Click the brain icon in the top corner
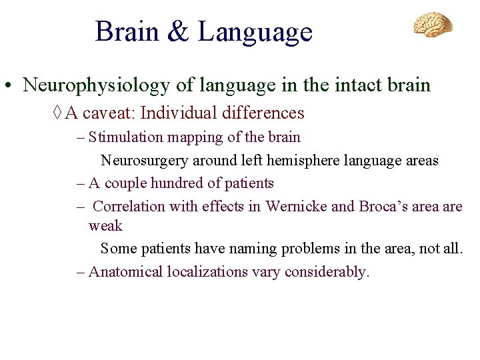433,24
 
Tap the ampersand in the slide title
177,32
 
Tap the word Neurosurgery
145,161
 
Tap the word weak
105,226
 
